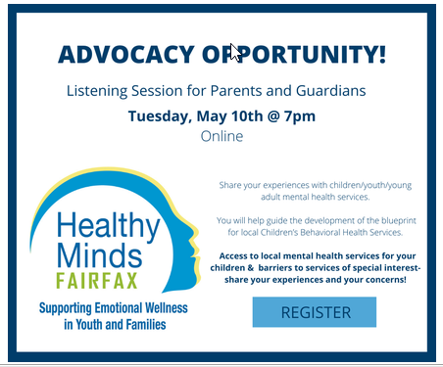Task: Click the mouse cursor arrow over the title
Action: [235, 51]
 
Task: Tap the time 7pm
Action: [297, 116]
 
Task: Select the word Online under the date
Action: [221, 137]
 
